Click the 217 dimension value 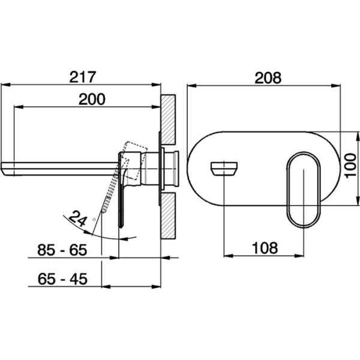click(x=83, y=77)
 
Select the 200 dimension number click(x=92, y=99)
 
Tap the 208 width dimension click(x=268, y=78)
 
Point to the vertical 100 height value click(x=350, y=166)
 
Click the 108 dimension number click(x=265, y=248)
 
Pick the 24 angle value click(x=78, y=218)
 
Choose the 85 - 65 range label click(x=62, y=250)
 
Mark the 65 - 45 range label click(x=62, y=279)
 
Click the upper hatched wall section click(x=168, y=119)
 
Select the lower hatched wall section click(x=168, y=216)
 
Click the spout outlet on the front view click(x=224, y=169)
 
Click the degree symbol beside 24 click(x=94, y=220)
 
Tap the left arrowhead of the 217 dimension click(x=5, y=85)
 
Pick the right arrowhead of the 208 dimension click(x=335, y=86)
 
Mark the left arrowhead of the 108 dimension click(x=229, y=256)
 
